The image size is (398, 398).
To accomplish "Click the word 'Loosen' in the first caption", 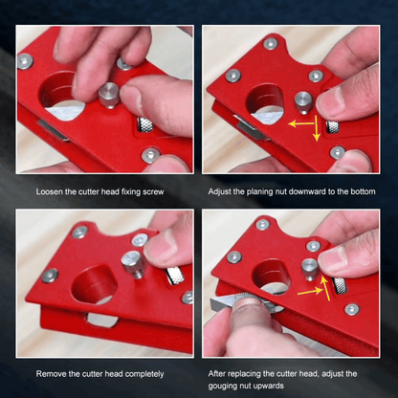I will pyautogui.click(x=48, y=192).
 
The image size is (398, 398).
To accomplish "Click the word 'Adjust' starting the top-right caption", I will pyautogui.click(x=221, y=192).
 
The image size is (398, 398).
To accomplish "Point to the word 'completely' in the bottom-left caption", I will pyautogui.click(x=143, y=373).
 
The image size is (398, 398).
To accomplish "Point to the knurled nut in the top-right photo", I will pyautogui.click(x=333, y=126).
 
